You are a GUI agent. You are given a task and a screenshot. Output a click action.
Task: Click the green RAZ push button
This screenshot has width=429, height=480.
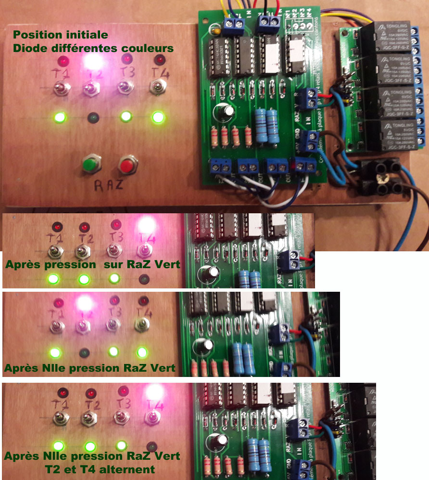click(89, 164)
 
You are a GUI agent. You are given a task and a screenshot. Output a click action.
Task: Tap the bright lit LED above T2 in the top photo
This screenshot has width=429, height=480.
click(93, 61)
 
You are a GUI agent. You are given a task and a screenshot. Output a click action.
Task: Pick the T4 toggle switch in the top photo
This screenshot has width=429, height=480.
click(157, 87)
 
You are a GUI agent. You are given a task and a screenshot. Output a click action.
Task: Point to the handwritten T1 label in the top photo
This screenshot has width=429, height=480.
click(61, 74)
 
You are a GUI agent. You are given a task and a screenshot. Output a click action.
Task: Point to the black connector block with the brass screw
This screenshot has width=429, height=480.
click(382, 178)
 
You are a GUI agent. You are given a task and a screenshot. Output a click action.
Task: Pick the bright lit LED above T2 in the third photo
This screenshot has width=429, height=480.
click(85, 303)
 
